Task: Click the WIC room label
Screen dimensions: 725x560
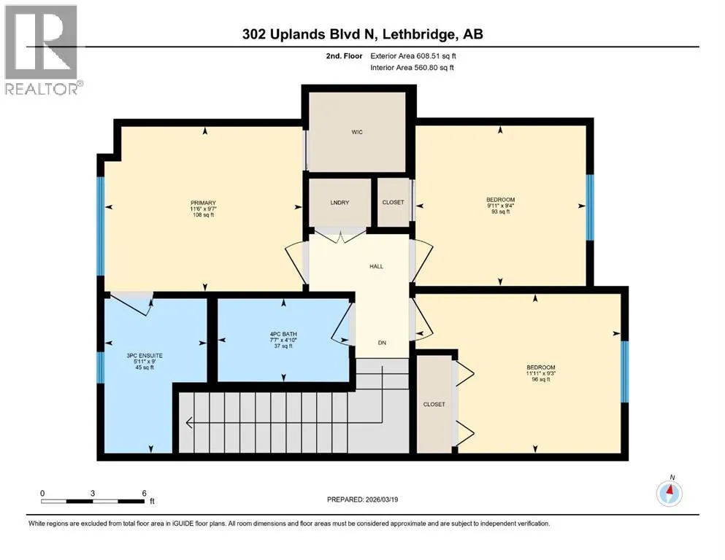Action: click(x=357, y=132)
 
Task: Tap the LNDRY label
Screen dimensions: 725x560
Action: click(x=340, y=203)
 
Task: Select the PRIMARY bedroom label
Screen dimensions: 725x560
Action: click(x=204, y=203)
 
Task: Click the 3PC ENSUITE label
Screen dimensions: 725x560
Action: click(x=145, y=356)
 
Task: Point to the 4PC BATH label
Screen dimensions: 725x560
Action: click(x=283, y=334)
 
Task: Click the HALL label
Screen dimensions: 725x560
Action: click(x=376, y=266)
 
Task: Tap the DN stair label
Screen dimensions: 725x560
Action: click(x=382, y=343)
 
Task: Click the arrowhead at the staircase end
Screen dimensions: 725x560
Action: click(x=189, y=422)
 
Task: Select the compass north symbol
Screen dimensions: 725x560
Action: click(x=669, y=493)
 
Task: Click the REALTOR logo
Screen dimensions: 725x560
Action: click(x=41, y=50)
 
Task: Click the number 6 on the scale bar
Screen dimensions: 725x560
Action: click(x=145, y=493)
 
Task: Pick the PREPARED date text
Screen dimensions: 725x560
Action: click(x=362, y=499)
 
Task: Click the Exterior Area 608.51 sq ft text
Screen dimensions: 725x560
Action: click(x=413, y=56)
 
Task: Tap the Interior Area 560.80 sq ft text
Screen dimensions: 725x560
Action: click(x=412, y=67)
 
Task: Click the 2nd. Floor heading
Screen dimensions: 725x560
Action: click(x=344, y=56)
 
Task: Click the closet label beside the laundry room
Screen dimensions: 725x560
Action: click(x=393, y=202)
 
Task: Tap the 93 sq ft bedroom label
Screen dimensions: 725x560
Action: click(x=500, y=212)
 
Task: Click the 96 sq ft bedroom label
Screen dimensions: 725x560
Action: click(x=541, y=379)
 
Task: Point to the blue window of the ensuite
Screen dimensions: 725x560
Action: click(x=100, y=367)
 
